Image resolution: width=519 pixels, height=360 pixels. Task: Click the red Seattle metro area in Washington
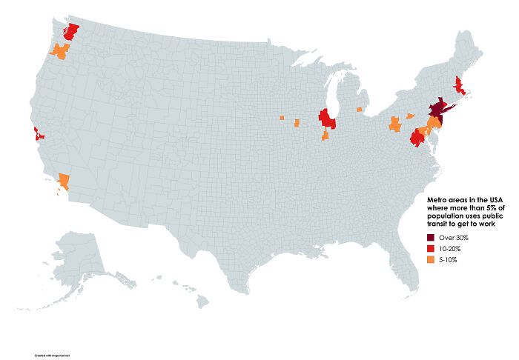pyautogui.click(x=71, y=30)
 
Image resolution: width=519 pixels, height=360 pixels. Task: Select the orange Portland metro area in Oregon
pyautogui.click(x=60, y=51)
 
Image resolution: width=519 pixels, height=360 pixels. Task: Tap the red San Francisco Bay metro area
pyautogui.click(x=37, y=134)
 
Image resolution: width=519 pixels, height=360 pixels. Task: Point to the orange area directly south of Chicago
pyautogui.click(x=325, y=137)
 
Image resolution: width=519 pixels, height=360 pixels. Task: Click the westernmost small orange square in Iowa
pyautogui.click(x=282, y=117)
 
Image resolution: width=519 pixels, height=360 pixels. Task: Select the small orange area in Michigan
pyautogui.click(x=360, y=110)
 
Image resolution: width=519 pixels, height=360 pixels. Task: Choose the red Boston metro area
pyautogui.click(x=460, y=88)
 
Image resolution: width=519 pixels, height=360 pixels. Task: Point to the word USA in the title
pyautogui.click(x=486, y=199)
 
